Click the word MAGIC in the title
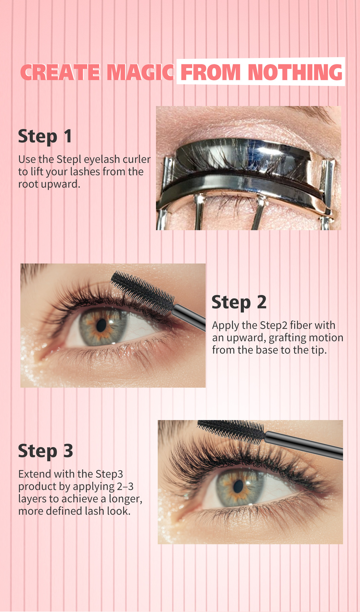140,72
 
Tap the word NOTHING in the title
295,72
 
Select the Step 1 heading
45,137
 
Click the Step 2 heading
239,302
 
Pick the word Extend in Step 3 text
35,474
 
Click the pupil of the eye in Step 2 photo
101,325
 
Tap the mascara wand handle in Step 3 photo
304,445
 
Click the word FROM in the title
210,72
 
